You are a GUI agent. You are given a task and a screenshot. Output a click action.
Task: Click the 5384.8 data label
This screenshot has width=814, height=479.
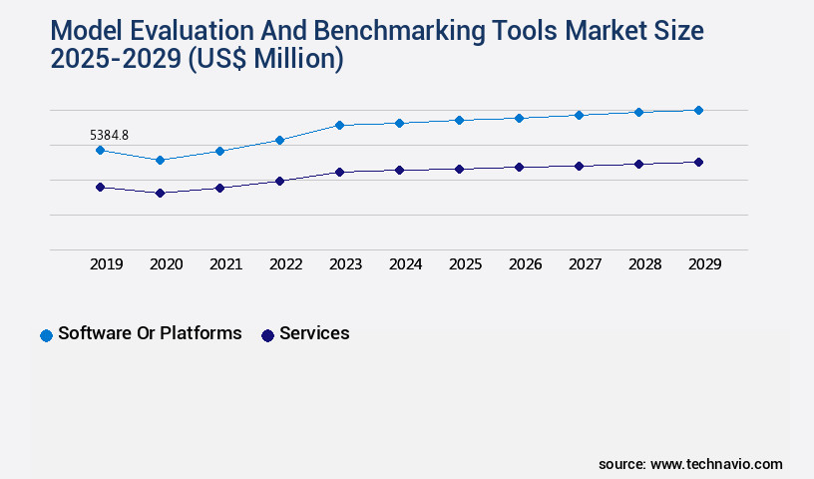click(x=110, y=135)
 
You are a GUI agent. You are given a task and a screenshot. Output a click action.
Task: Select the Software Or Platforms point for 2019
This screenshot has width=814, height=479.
click(x=100, y=150)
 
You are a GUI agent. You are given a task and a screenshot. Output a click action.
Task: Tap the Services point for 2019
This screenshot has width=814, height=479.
click(x=100, y=187)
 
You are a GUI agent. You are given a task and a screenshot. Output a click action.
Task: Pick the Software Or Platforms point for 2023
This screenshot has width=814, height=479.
click(x=339, y=125)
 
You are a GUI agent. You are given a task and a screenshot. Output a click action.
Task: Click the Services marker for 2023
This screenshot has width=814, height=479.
click(x=339, y=172)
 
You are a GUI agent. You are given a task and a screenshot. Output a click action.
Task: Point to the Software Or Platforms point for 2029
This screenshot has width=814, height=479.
click(x=698, y=110)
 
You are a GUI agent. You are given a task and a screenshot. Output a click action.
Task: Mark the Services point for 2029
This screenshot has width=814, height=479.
click(x=698, y=162)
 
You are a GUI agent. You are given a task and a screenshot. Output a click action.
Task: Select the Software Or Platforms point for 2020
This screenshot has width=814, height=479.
click(x=160, y=160)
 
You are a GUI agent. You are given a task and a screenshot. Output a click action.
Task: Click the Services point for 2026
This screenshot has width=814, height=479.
click(x=519, y=167)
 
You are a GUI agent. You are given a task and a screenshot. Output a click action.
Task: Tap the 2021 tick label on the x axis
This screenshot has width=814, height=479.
click(x=225, y=264)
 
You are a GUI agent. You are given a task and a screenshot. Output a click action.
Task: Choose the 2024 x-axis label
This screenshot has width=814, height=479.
click(x=405, y=264)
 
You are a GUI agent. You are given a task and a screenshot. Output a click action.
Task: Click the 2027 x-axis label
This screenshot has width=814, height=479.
click(x=585, y=264)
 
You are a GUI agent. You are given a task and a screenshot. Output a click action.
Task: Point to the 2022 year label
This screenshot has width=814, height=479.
click(x=285, y=264)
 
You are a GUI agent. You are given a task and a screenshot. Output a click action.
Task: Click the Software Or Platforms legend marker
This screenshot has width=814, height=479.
click(x=46, y=335)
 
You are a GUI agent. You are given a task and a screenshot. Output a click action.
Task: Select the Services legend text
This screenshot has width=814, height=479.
click(x=314, y=333)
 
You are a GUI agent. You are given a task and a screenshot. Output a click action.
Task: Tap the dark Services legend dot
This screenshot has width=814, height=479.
click(x=267, y=335)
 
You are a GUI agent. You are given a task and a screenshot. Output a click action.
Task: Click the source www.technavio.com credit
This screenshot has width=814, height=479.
click(x=690, y=464)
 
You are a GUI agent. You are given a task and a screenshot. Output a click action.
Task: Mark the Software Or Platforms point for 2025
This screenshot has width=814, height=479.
click(x=459, y=120)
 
